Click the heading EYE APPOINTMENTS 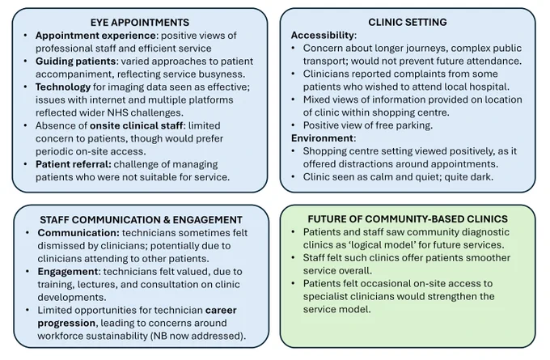pos(140,23)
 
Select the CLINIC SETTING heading pos(407,22)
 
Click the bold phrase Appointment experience pos(95,36)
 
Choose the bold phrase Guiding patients pos(75,61)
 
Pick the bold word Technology pos(63,87)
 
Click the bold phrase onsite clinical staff pos(136,125)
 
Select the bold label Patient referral pos(74,164)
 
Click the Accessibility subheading pos(323,36)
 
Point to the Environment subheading pos(322,138)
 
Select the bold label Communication pos(78,233)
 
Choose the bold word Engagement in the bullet pos(68,272)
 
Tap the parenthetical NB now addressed pos(197,336)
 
